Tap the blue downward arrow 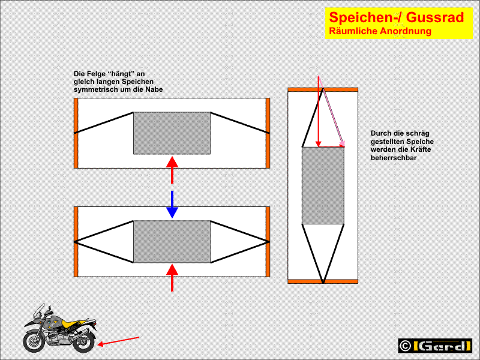pos(172,204)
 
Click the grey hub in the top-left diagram pos(172,133)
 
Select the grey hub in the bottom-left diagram pos(172,242)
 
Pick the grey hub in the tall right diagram pos(323,185)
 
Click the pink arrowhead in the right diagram pos(342,143)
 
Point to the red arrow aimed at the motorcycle pos(118,341)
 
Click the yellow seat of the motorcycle pos(71,323)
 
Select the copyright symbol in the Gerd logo pos(406,346)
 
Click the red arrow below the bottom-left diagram pos(172,278)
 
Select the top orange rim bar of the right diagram pos(323,89)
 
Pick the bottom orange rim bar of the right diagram pos(323,281)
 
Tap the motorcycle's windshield pos(39,311)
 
